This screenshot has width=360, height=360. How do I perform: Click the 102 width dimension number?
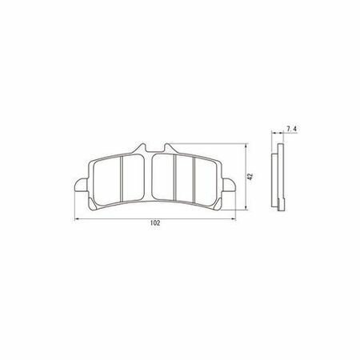tap(155, 223)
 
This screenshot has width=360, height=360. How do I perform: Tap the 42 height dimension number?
tap(250, 177)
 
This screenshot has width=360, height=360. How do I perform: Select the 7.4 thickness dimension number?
tap(291, 129)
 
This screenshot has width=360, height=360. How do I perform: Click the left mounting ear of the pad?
tap(81, 185)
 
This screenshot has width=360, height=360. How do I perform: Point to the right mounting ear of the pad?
tap(229, 185)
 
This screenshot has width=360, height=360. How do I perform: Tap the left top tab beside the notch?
tap(140, 148)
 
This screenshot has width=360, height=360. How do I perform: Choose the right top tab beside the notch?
tap(169, 148)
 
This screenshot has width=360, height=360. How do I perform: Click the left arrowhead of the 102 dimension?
tap(76, 219)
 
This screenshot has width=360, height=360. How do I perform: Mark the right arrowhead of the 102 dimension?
tap(234, 219)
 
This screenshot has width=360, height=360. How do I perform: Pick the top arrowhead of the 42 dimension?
tap(246, 146)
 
